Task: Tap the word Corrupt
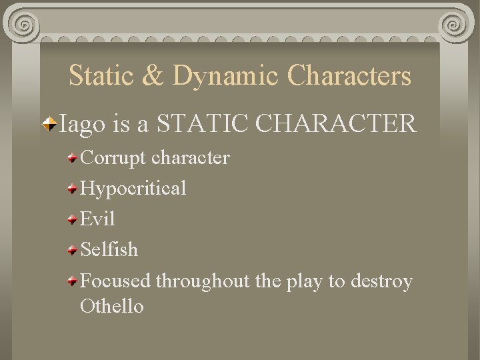113,158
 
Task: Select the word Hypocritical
133,189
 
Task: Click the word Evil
97,219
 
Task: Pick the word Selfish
109,249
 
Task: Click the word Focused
115,281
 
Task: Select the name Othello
111,306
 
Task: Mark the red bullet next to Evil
73,219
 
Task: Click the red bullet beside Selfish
73,250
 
